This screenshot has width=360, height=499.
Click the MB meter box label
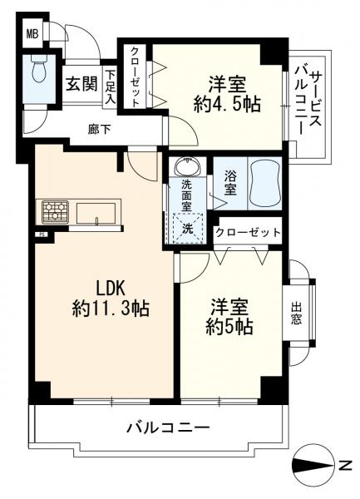32,33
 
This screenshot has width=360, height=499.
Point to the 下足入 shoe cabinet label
111,86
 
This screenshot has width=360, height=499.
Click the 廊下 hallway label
99,128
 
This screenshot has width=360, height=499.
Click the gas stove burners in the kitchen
52,211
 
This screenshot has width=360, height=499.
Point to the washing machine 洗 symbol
187,225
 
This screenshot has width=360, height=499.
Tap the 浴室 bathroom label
229,182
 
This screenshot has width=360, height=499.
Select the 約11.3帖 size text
110,308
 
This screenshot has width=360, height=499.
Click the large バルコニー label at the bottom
168,428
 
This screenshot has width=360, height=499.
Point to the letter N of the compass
344,467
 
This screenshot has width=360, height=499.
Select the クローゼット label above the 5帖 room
247,233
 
